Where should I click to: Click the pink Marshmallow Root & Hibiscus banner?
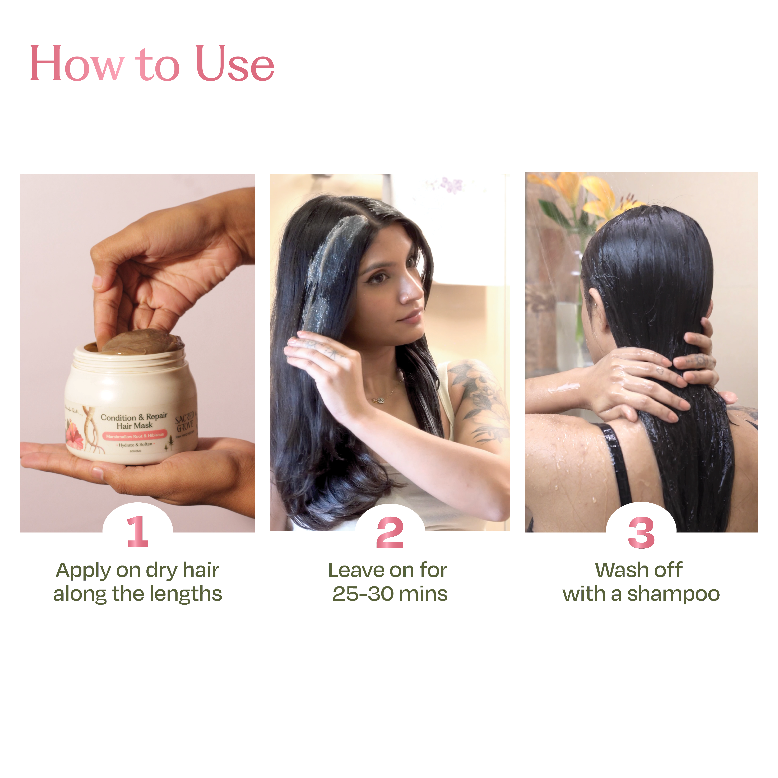[135, 435]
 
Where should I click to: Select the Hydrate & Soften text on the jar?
[135, 444]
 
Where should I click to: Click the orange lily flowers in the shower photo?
[584, 193]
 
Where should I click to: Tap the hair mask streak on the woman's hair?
[330, 266]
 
